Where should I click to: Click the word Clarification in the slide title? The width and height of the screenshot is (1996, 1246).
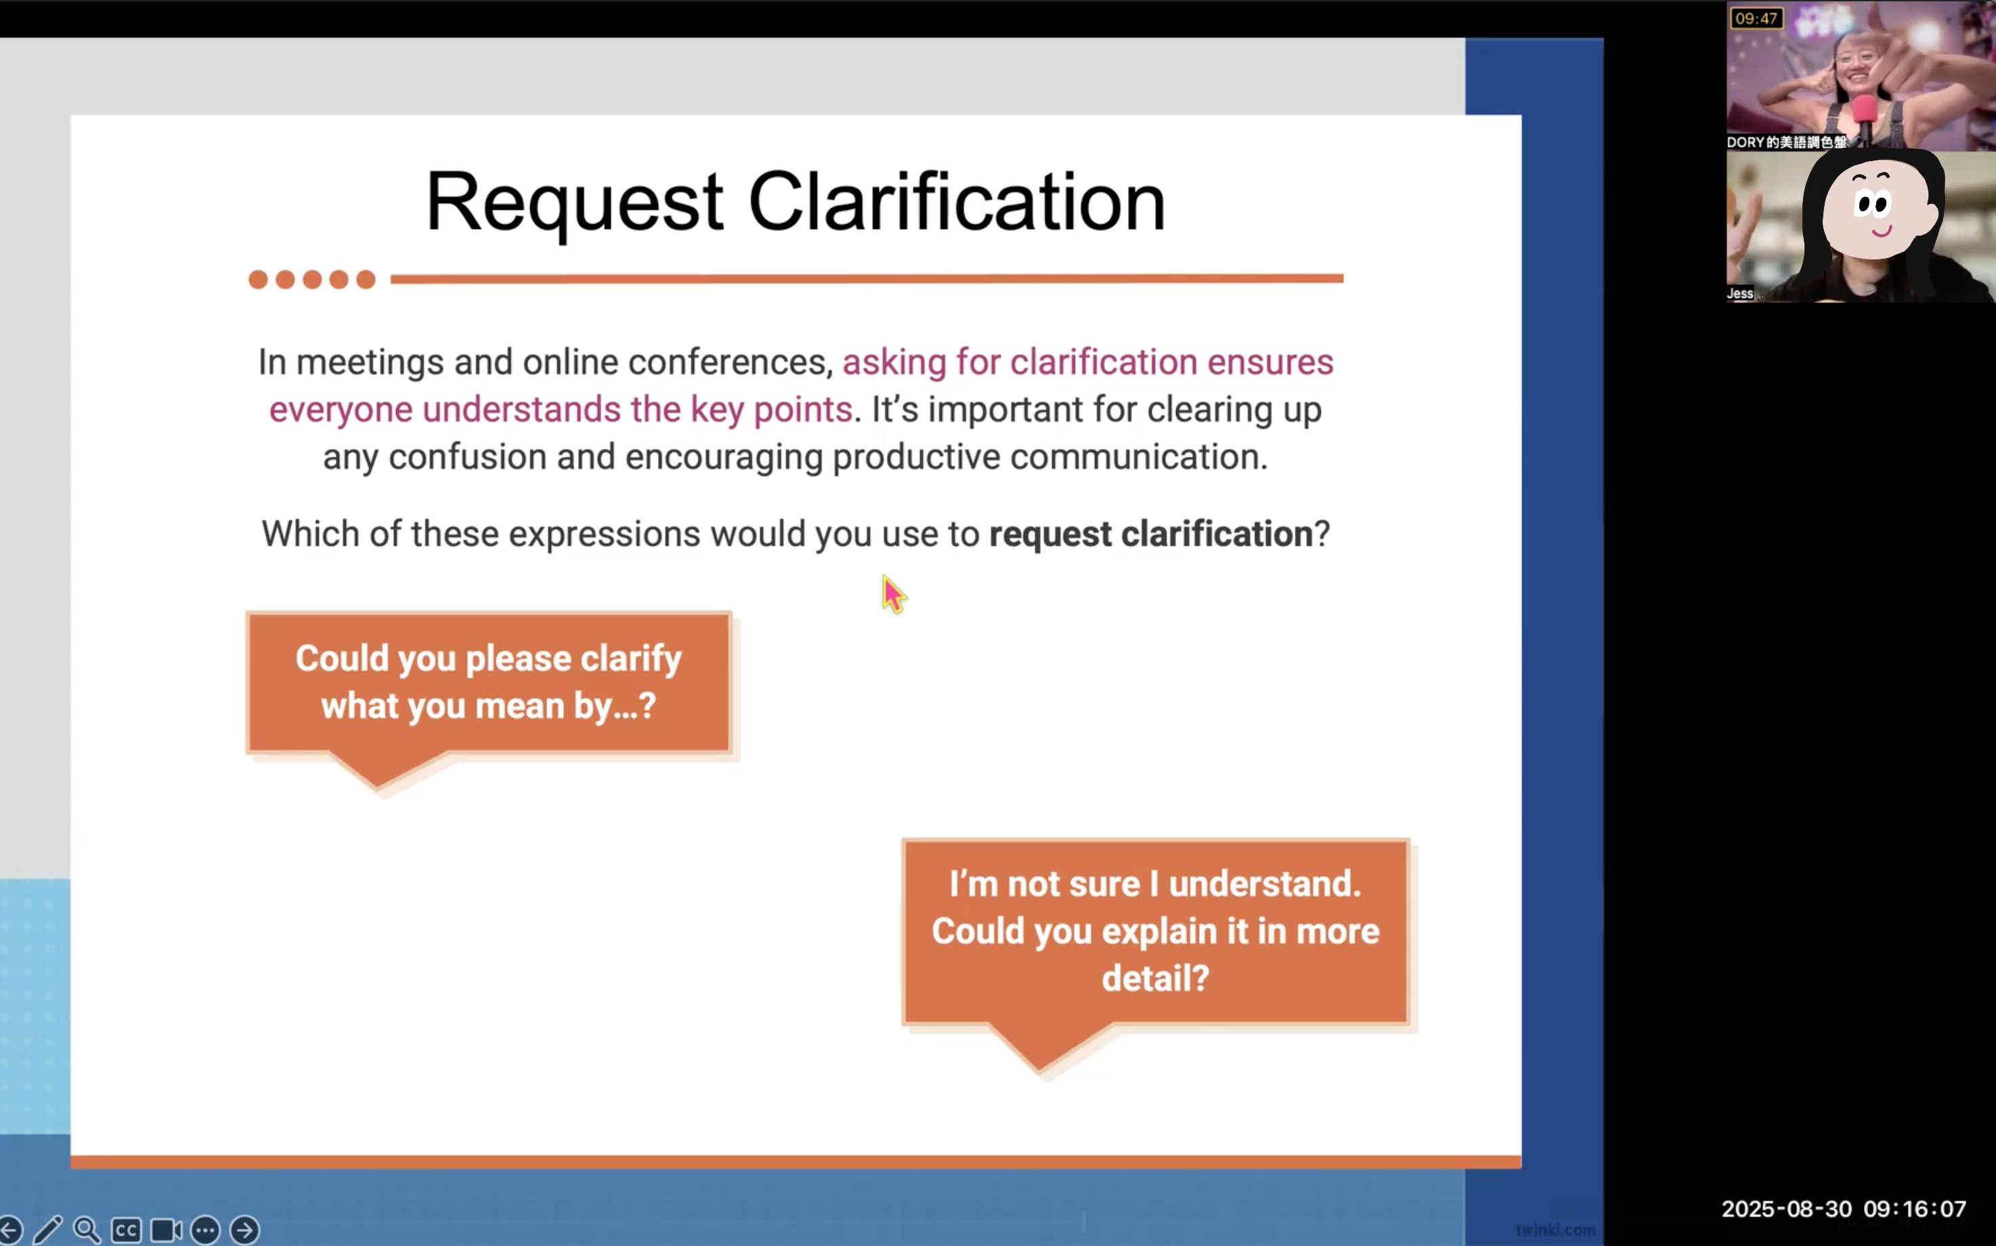[x=957, y=201]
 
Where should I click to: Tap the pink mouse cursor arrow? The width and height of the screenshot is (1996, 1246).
[x=893, y=593]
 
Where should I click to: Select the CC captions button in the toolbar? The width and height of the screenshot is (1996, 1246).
[x=126, y=1230]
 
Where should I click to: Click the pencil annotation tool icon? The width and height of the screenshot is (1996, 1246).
[x=48, y=1230]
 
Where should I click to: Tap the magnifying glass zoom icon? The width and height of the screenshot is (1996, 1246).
[x=87, y=1230]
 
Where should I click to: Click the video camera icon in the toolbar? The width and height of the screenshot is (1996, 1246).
[x=166, y=1230]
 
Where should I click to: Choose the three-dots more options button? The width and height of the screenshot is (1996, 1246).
[x=205, y=1230]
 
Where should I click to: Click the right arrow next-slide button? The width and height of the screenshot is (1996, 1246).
[x=244, y=1230]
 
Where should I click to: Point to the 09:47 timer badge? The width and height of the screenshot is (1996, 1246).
[x=1756, y=18]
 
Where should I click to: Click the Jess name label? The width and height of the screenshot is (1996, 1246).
[x=1740, y=293]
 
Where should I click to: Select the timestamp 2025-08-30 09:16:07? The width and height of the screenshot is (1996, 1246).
[x=1844, y=1209]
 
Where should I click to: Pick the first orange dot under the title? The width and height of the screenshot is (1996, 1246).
[x=258, y=280]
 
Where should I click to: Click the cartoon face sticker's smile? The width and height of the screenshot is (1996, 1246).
[x=1882, y=232]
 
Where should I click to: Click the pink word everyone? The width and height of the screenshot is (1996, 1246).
[x=341, y=410]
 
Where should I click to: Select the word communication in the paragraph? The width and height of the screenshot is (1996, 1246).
[x=1140, y=456]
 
